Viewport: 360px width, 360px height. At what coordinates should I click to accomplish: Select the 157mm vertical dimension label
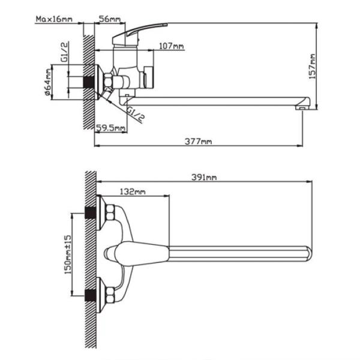[312, 67]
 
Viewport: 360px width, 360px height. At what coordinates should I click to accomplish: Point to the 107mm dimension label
[172, 46]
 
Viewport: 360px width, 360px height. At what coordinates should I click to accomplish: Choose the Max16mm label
[53, 19]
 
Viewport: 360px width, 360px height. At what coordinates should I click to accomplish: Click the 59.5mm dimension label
[111, 127]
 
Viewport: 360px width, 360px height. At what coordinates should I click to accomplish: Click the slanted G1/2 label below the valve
[136, 113]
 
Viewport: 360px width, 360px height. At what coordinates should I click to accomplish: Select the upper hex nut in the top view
[110, 212]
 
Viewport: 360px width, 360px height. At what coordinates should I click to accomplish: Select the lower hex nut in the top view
[110, 294]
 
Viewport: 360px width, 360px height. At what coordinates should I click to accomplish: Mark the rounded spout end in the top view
[307, 253]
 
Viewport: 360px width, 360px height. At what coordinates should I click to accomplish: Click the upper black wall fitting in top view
[91, 213]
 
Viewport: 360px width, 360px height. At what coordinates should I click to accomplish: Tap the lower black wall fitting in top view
[91, 294]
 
